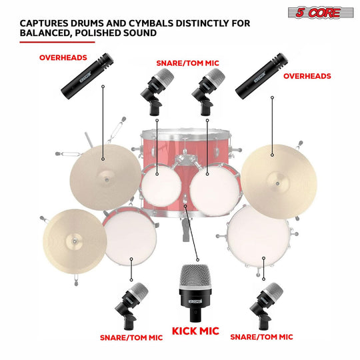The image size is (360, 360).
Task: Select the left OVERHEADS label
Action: point(63,57)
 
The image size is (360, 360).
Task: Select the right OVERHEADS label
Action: point(307,76)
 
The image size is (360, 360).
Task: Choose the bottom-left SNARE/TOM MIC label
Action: point(131,337)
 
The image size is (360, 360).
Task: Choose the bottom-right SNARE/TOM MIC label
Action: point(261,337)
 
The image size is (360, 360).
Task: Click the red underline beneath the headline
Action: point(57,41)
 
